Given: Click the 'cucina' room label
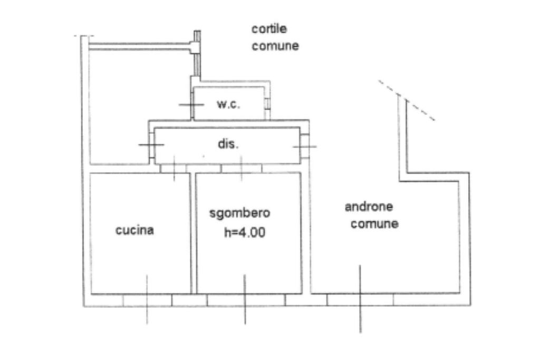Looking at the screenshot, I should click(x=134, y=230).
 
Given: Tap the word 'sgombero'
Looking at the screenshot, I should click(x=240, y=213).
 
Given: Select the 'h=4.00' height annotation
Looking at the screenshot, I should click(x=244, y=233).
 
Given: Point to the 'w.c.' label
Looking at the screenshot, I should click(x=228, y=104).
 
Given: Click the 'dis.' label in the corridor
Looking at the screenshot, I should click(x=228, y=144).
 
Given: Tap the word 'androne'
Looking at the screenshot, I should click(x=369, y=207).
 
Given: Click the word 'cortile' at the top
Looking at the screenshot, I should click(x=269, y=29).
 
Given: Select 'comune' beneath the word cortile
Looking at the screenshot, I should click(x=275, y=46).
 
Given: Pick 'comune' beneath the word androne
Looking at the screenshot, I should click(x=374, y=224).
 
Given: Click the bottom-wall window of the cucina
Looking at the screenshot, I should click(x=147, y=300).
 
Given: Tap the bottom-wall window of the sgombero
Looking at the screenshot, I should click(x=245, y=300).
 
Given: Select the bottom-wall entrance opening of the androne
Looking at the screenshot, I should click(x=360, y=300).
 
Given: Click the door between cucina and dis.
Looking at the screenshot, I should click(x=173, y=168).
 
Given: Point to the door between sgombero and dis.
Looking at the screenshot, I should click(x=241, y=168).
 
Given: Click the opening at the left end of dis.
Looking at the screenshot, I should click(x=151, y=144).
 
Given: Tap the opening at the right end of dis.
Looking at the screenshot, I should click(x=305, y=145).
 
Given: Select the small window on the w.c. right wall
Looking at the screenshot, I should click(x=267, y=103).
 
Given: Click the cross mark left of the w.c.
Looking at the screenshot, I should click(x=191, y=104).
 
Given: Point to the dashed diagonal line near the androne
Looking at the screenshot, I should click(x=406, y=100).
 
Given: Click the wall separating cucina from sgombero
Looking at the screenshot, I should click(x=193, y=232).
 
